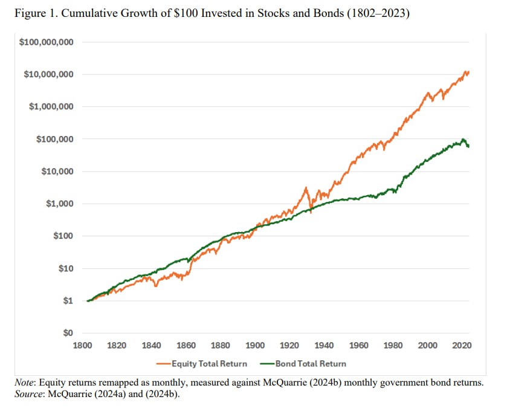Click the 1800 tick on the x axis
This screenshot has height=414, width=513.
(x=82, y=345)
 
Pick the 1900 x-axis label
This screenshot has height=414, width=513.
(x=255, y=345)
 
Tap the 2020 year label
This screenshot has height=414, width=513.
(x=462, y=345)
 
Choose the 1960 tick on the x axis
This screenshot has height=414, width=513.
(x=359, y=345)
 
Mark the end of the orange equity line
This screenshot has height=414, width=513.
(x=468, y=73)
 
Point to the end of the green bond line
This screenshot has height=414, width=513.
(x=469, y=146)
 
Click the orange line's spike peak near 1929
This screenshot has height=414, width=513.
(x=306, y=188)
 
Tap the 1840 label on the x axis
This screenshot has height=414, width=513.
(x=151, y=345)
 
